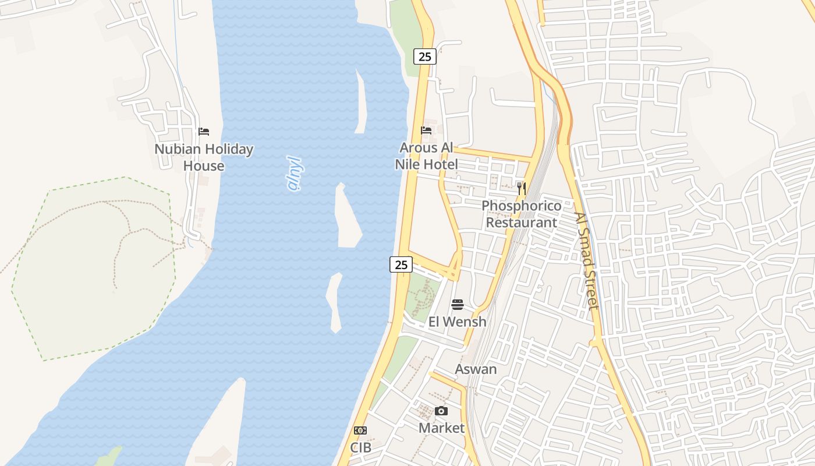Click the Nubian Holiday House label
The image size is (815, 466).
point(204,157)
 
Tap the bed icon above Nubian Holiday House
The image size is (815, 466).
point(204,132)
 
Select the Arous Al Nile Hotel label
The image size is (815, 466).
point(427,156)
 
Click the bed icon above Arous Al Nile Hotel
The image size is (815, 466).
point(427,130)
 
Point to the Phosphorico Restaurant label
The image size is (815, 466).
point(522,214)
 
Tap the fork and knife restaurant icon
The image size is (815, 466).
point(522,188)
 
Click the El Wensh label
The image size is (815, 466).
point(458,322)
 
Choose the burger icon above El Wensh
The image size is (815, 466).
point(458,305)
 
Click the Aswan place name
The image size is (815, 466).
point(476,369)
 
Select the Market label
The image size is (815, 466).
point(442,428)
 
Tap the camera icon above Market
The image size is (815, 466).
point(442,411)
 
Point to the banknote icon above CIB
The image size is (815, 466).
point(360,430)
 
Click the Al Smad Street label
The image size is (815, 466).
point(586,260)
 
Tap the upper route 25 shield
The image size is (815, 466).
point(425,57)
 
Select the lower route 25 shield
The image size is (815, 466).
point(401,264)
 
